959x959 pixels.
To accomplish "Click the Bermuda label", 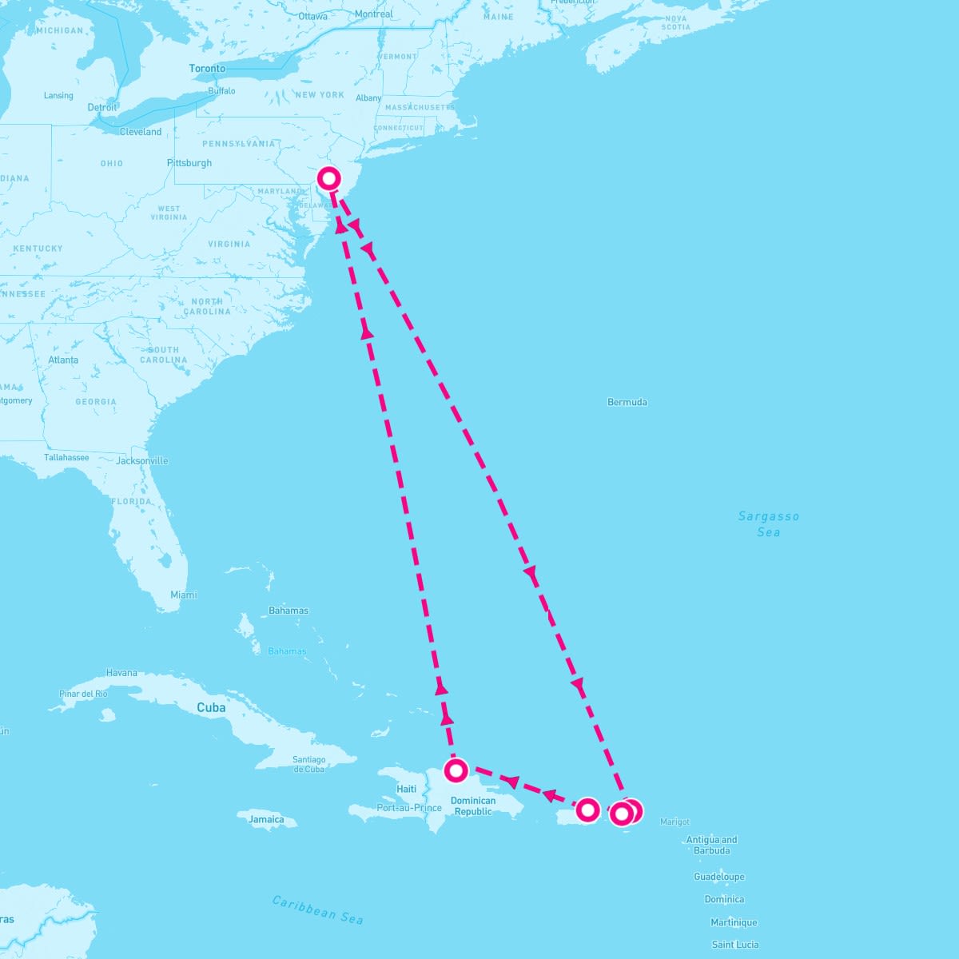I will point(627,402).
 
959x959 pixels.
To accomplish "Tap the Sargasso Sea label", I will point(768,524).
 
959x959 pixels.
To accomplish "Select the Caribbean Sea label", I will point(317,909).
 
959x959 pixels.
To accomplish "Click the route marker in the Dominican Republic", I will point(456,770).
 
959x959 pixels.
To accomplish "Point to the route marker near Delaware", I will point(328,178).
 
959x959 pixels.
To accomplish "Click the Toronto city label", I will point(207,69).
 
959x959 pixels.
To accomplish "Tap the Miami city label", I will point(184,595).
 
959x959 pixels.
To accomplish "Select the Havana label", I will point(121,673).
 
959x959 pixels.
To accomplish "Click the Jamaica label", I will point(266,819).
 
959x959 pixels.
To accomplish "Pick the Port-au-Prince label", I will point(409,808).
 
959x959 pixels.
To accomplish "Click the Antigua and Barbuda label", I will point(711,845).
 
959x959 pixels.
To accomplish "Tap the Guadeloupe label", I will point(718,877).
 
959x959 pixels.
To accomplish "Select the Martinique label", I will point(734,922).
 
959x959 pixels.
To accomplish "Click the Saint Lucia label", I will point(735,945).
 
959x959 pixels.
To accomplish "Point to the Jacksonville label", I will point(142,461).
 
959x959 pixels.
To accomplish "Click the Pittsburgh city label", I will point(189,163).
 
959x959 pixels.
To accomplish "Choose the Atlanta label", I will point(63,360).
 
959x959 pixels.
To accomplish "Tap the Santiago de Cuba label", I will point(308,764).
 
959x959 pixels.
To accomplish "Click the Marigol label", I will point(674,822).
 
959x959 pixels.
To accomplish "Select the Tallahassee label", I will point(66,458).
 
